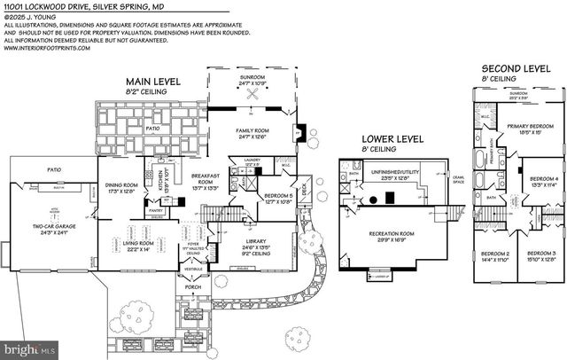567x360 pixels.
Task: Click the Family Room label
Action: (252, 133)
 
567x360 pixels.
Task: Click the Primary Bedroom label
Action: (524, 129)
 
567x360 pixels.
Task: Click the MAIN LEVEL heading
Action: (152, 82)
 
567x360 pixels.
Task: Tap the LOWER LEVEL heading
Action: (390, 139)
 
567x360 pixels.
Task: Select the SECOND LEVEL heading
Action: (516, 67)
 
